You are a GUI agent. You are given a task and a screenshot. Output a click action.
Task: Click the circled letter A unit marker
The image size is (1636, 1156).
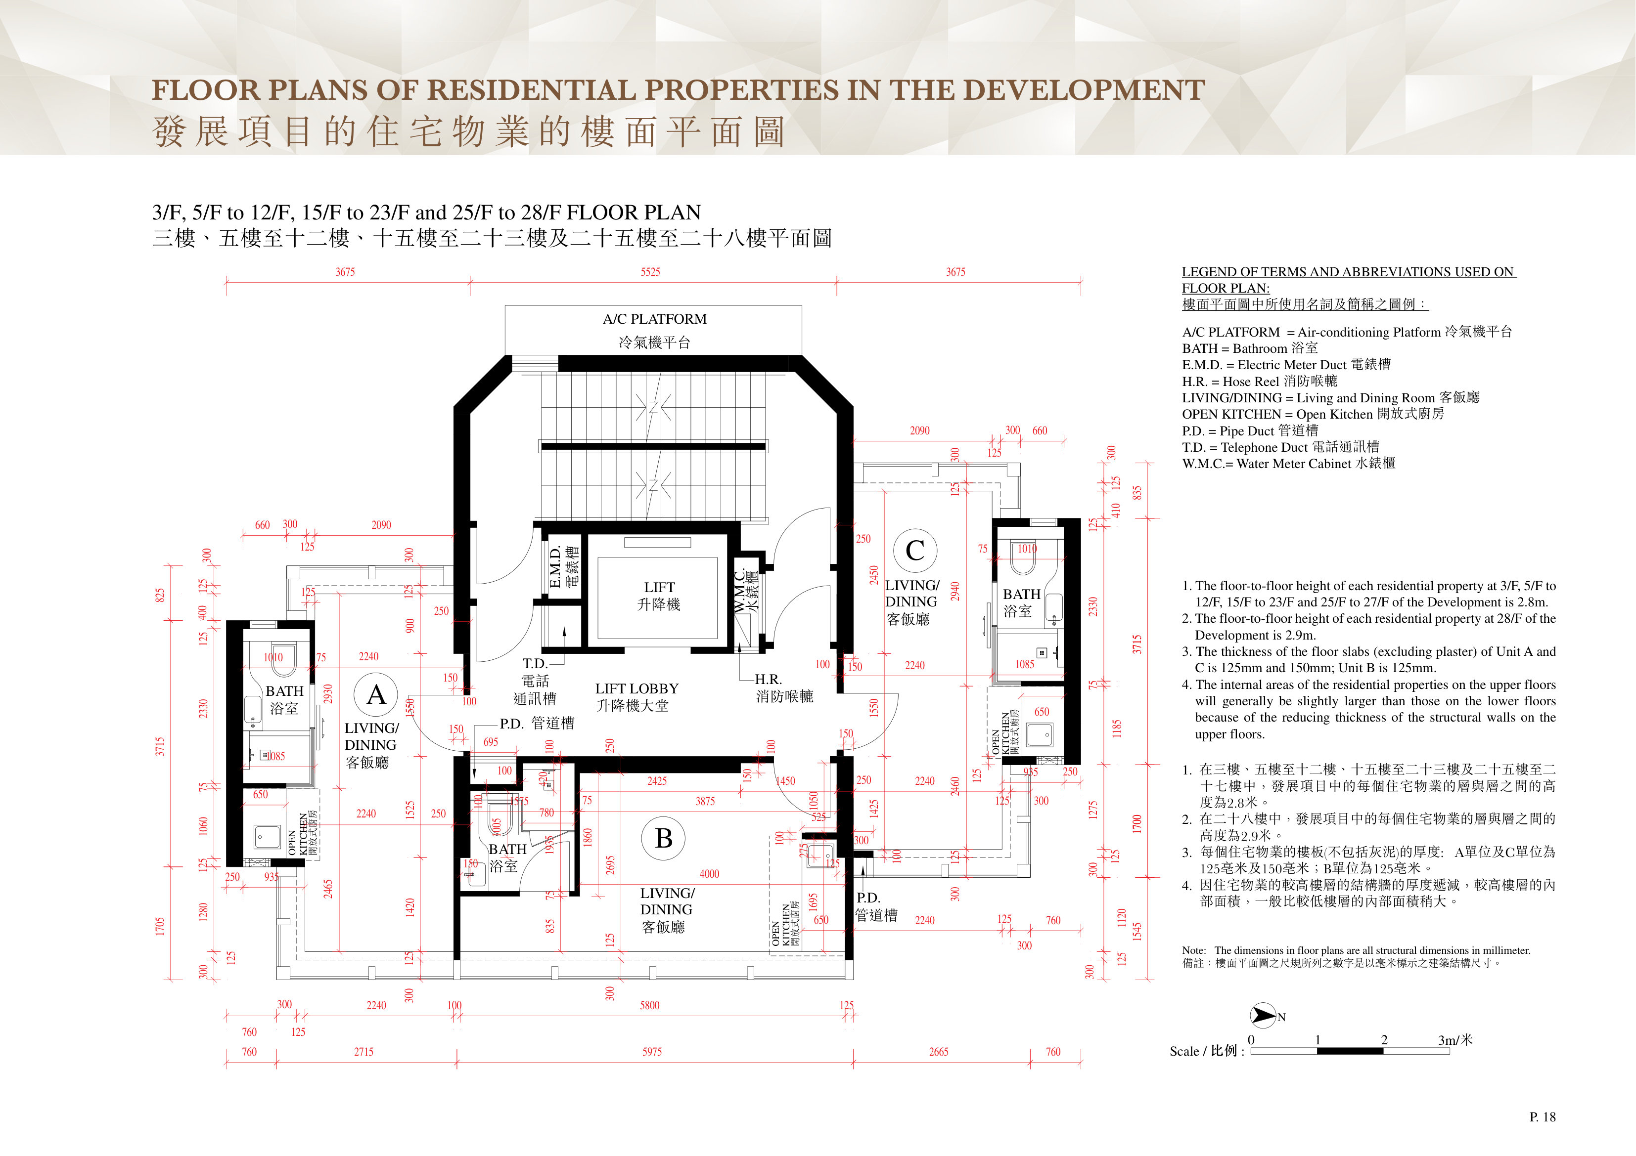tap(375, 694)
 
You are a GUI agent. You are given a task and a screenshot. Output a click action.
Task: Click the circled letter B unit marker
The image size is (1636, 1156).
tap(663, 838)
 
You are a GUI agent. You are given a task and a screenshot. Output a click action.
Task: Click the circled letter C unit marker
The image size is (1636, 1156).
tap(915, 551)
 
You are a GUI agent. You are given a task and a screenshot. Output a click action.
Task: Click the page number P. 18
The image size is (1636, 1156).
tap(1543, 1117)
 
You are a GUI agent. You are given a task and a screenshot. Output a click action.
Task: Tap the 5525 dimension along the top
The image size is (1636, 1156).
tap(650, 272)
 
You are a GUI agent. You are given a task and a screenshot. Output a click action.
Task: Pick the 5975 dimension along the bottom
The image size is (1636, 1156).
tap(652, 1052)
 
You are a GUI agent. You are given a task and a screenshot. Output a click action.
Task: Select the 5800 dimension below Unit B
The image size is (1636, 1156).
tap(650, 1006)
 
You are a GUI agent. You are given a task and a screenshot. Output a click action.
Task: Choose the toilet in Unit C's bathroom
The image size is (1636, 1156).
tap(1023, 557)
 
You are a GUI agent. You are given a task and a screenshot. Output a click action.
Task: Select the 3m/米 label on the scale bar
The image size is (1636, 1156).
tap(1455, 1040)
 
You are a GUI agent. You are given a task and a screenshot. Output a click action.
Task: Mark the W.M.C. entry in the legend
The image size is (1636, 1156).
tap(1288, 464)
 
